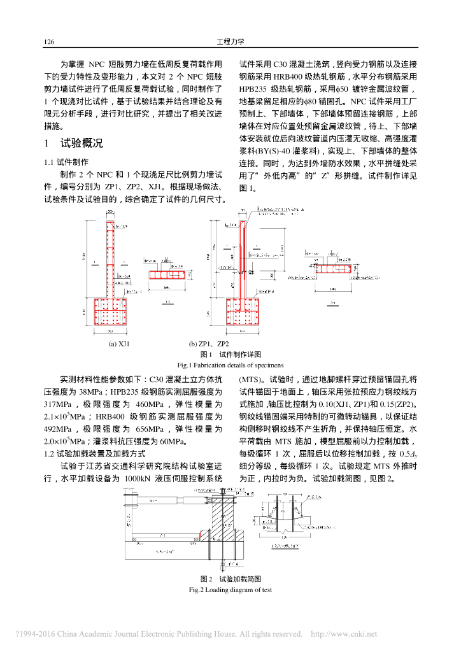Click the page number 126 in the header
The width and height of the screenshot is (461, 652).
(x=48, y=43)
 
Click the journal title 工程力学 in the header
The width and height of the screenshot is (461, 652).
(x=230, y=43)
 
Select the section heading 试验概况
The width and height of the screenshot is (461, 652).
(x=81, y=143)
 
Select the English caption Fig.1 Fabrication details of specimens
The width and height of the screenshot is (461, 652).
(x=230, y=365)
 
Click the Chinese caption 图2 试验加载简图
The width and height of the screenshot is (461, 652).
(x=230, y=579)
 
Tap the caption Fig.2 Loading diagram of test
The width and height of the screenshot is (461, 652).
(x=230, y=590)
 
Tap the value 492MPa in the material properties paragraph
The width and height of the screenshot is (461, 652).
(x=62, y=428)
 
